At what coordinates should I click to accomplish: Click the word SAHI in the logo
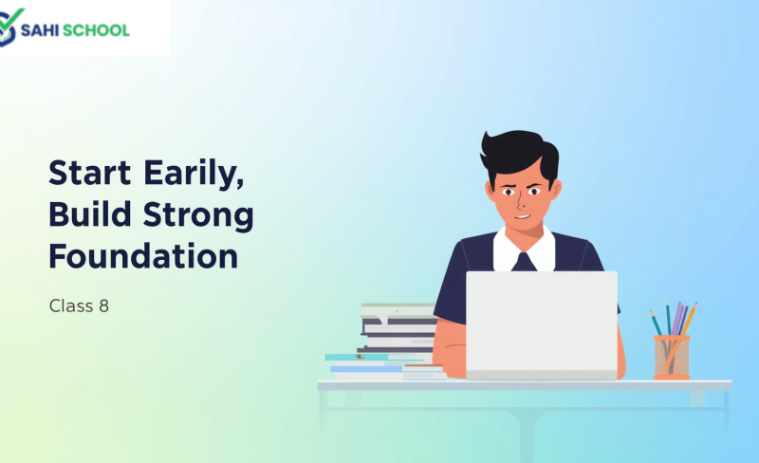coord(40,30)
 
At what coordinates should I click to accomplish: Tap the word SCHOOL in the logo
coord(97,30)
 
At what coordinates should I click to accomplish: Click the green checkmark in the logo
coord(11,18)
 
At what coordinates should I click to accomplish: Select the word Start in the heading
coord(89,173)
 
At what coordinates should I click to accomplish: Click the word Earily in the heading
coord(194,174)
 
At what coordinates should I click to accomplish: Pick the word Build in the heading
coord(90,213)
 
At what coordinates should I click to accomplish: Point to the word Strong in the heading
coord(198,216)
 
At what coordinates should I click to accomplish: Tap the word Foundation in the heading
coord(143,256)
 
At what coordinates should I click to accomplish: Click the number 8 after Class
coord(104,306)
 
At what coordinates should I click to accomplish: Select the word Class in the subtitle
coord(71,306)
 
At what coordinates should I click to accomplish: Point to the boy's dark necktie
coord(524,262)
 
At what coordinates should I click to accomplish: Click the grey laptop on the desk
coord(541,325)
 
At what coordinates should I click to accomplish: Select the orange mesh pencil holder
coord(672,357)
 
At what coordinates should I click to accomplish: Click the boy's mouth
coord(523,216)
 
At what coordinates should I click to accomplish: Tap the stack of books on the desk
coord(386,342)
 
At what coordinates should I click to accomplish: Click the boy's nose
coord(520,202)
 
